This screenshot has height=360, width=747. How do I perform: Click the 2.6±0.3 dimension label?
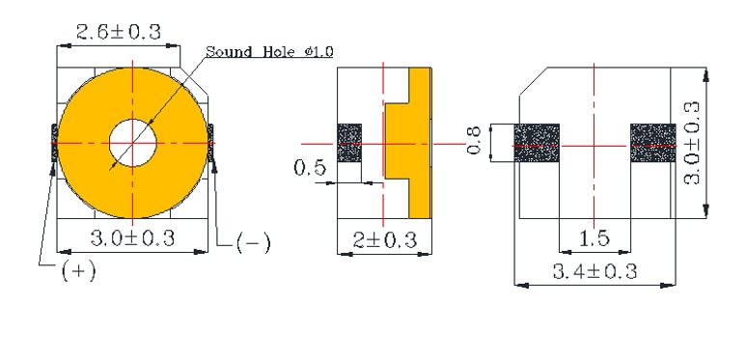pyautogui.click(x=117, y=31)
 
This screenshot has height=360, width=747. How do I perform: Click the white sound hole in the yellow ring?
pyautogui.click(x=132, y=145)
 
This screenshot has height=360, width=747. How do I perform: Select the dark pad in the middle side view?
pyautogui.click(x=348, y=144)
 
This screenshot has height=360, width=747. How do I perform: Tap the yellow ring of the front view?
pyautogui.click(x=87, y=145)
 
